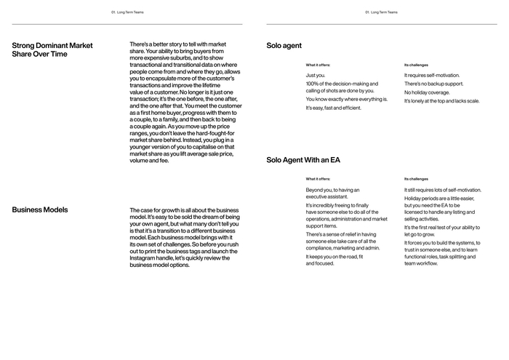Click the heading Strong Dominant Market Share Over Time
(x=52, y=49)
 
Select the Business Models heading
(x=40, y=209)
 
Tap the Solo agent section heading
(x=284, y=46)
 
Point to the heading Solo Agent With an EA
(x=303, y=159)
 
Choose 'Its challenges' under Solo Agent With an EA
(x=416, y=179)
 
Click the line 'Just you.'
(x=316, y=76)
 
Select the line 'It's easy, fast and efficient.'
(x=333, y=108)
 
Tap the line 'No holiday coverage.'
(x=427, y=92)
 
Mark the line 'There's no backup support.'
(x=434, y=84)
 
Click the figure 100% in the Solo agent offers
(x=313, y=84)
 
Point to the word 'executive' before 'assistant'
(x=318, y=197)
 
